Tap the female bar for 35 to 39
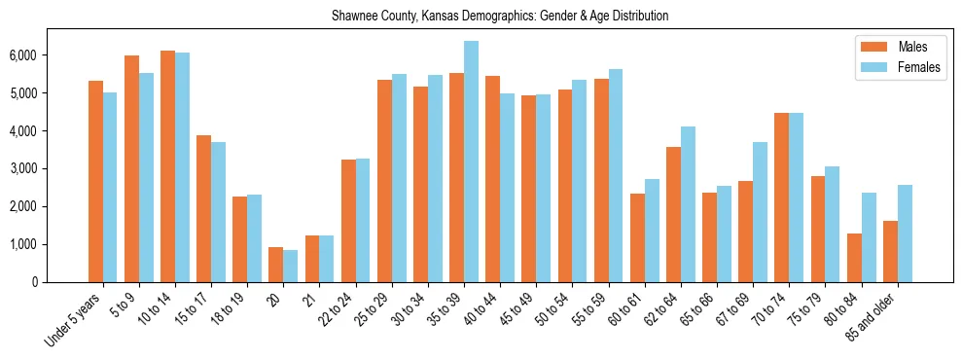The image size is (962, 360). click(471, 162)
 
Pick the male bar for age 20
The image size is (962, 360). click(276, 265)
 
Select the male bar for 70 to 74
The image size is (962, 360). click(782, 198)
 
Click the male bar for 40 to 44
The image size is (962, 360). click(492, 179)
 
